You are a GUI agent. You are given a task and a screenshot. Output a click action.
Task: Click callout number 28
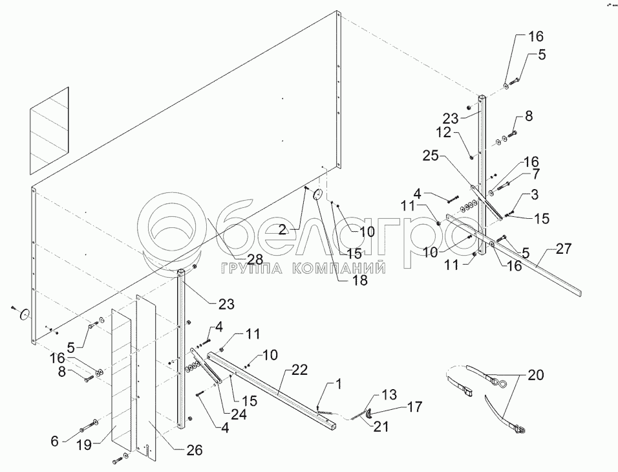(x=255, y=259)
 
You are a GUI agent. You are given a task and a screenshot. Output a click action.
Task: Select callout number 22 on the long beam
(x=299, y=370)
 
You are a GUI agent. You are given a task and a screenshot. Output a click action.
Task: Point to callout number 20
(x=536, y=375)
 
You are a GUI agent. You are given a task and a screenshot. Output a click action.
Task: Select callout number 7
(x=535, y=175)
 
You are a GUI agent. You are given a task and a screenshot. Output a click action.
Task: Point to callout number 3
(x=535, y=194)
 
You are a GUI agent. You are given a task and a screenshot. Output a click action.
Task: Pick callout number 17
(x=415, y=407)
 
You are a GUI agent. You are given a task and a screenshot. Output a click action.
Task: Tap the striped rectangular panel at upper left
(x=48, y=130)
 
